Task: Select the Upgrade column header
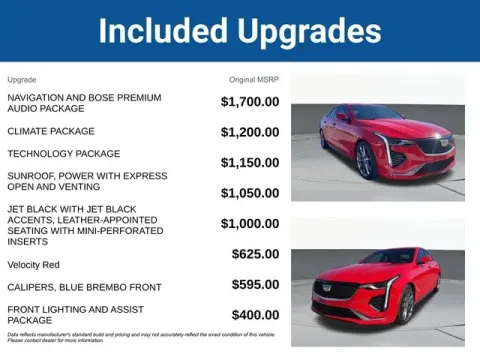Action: (x=22, y=78)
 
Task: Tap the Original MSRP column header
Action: (x=254, y=78)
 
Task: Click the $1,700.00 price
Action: (x=250, y=102)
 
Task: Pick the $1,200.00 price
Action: (x=250, y=132)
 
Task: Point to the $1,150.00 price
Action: (x=250, y=163)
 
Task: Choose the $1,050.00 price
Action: (x=250, y=193)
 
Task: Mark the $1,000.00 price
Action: (x=250, y=224)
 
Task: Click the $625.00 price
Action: (x=255, y=254)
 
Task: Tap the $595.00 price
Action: (x=255, y=285)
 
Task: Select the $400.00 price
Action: (x=255, y=315)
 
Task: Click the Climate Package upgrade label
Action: (x=51, y=131)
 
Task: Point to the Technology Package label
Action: (x=63, y=154)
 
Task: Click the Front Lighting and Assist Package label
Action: (x=75, y=315)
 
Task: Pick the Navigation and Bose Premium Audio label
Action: (x=82, y=102)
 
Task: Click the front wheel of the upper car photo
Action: (x=365, y=161)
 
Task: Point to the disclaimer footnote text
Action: (x=140, y=337)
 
